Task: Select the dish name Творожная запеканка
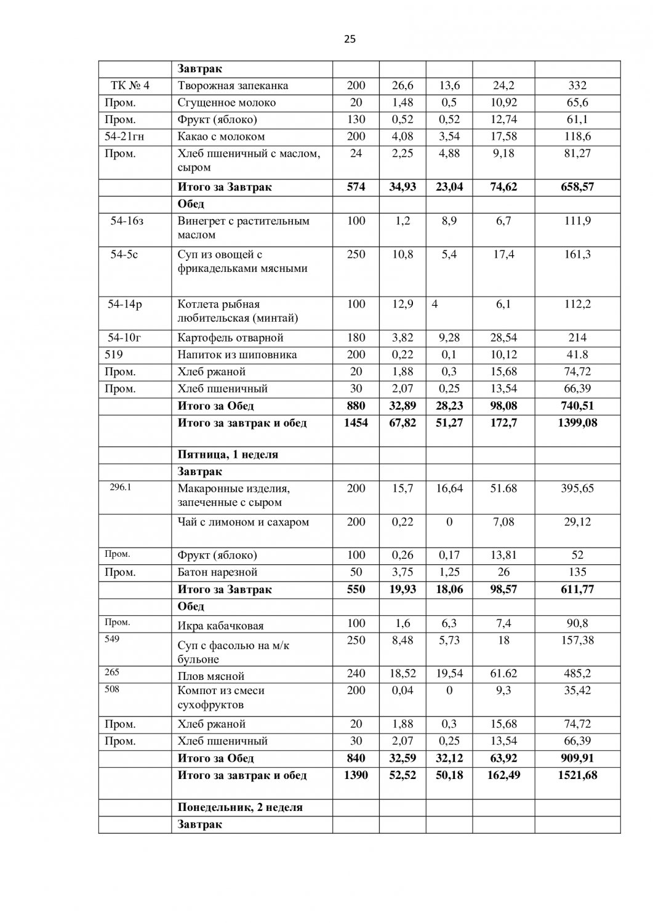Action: point(233,86)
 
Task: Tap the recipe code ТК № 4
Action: point(129,86)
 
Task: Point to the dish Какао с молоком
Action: point(221,137)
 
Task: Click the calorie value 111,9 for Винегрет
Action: point(577,221)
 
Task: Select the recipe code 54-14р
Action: point(125,304)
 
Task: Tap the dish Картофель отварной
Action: point(230,338)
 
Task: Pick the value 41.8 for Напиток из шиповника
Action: point(577,354)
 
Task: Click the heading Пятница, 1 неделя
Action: point(228,455)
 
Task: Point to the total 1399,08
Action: point(577,423)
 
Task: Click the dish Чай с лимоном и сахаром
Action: point(243,522)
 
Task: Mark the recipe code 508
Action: point(112,689)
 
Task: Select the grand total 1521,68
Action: point(577,775)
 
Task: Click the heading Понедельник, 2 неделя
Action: point(240,807)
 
